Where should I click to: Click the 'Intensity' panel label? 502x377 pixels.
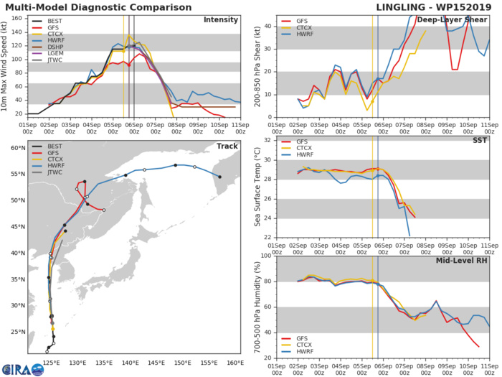pos(221,20)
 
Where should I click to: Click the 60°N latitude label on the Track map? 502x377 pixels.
pos(17,148)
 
